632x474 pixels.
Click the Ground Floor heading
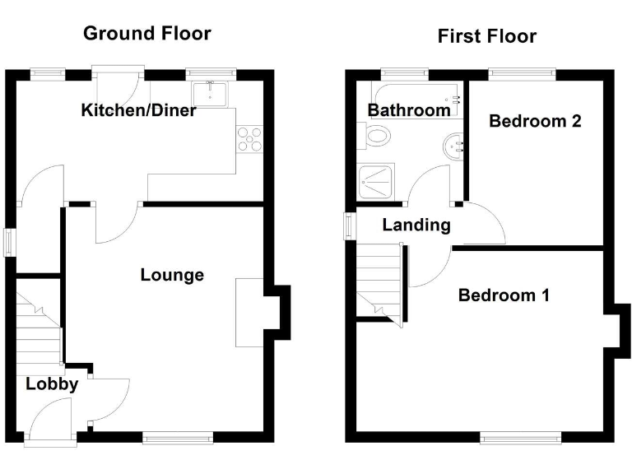147,34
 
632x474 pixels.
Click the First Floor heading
486,36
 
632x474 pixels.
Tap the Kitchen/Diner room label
138,110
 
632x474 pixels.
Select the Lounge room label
172,275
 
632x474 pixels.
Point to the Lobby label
51,383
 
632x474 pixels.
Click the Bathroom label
409,109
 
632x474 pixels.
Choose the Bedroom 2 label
535,121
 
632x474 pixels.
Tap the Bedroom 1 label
504,295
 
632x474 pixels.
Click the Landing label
416,225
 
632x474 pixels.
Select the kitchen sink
212,92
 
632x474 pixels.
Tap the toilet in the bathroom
374,137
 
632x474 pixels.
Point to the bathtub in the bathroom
416,92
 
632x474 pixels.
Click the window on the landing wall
349,225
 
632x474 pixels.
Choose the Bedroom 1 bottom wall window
522,438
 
